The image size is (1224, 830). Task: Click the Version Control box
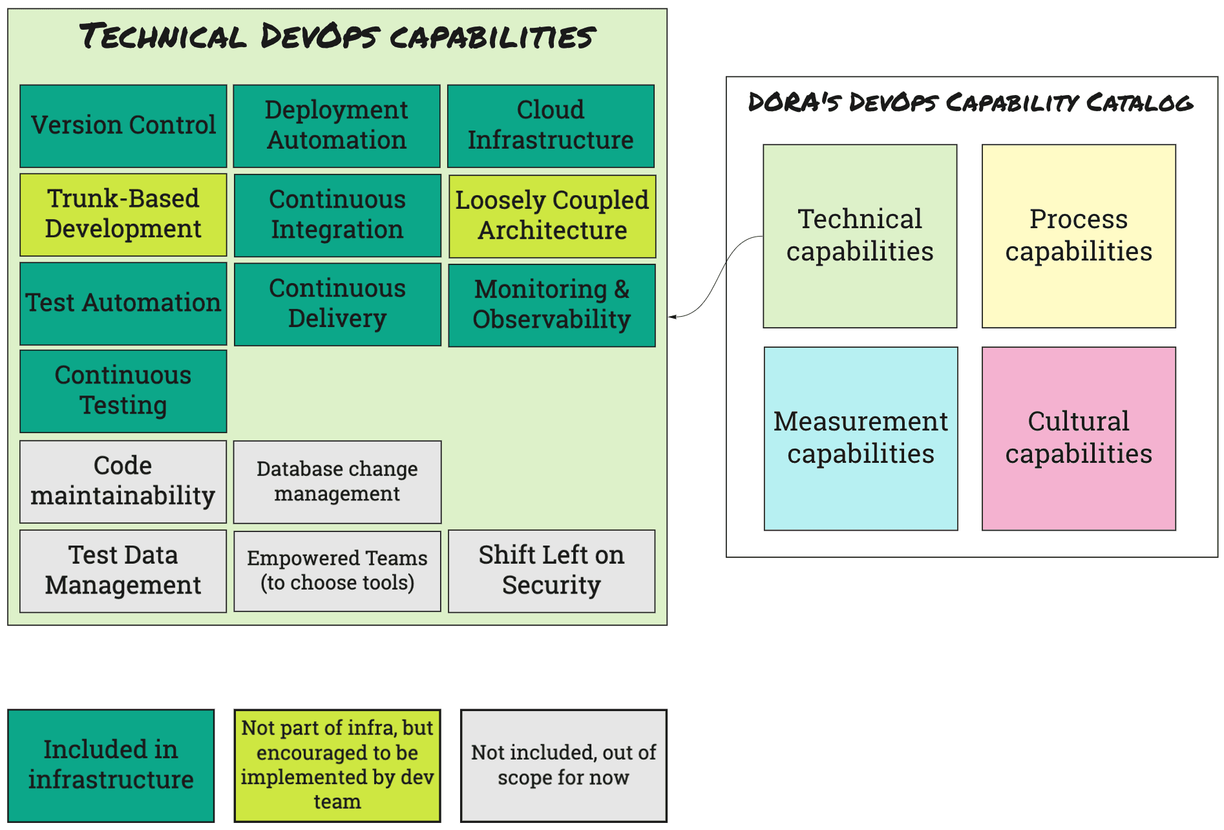pyautogui.click(x=123, y=126)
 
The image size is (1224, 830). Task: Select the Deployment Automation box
pyautogui.click(x=337, y=126)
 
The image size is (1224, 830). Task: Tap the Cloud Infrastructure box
pyautogui.click(x=551, y=126)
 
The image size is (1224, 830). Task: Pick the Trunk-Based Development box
pyautogui.click(x=123, y=215)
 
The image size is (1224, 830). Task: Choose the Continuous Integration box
pyautogui.click(x=337, y=215)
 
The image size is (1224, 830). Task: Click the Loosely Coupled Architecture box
pyautogui.click(x=552, y=216)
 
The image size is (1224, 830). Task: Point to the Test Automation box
pyautogui.click(x=123, y=303)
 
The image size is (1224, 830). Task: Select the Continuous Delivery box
pyautogui.click(x=337, y=304)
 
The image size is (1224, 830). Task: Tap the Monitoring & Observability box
pyautogui.click(x=552, y=305)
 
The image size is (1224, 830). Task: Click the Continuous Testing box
pyautogui.click(x=123, y=391)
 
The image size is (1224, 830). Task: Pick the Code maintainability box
pyautogui.click(x=123, y=482)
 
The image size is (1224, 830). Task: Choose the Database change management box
pyautogui.click(x=337, y=482)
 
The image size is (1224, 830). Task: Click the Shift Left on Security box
pyautogui.click(x=551, y=571)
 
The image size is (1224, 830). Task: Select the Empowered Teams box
pyautogui.click(x=337, y=571)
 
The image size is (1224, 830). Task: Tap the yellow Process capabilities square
pyautogui.click(x=1079, y=236)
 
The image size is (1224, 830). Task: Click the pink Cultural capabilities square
pyautogui.click(x=1079, y=438)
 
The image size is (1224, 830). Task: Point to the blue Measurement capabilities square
pyautogui.click(x=861, y=438)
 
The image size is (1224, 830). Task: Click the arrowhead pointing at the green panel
pyautogui.click(x=672, y=317)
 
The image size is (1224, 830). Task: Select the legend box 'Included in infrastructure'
pyautogui.click(x=111, y=765)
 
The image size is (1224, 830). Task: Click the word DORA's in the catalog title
pyautogui.click(x=794, y=103)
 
